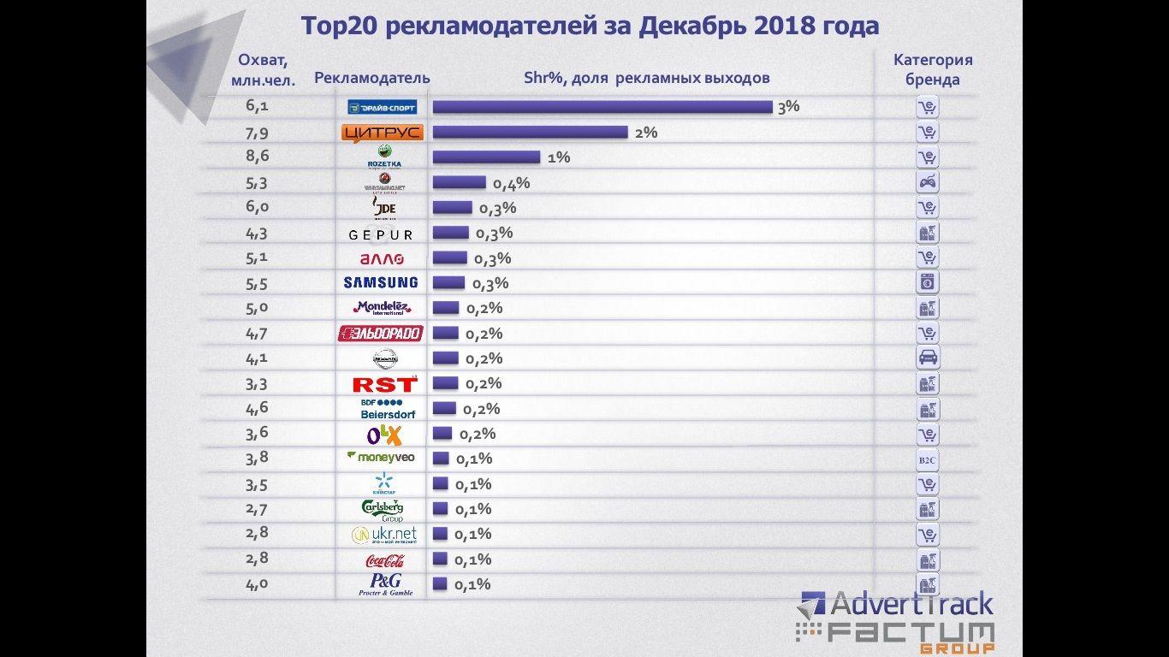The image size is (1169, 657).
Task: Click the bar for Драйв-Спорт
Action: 602,107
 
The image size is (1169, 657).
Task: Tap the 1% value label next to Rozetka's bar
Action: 559,157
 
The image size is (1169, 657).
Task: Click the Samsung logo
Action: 381,282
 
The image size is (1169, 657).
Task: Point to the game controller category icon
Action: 927,182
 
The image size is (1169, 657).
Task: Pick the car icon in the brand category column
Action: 927,358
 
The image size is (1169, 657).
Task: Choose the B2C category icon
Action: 927,459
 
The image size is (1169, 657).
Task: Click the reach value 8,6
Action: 257,157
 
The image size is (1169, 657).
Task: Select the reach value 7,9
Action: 257,132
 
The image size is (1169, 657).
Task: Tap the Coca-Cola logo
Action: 384,560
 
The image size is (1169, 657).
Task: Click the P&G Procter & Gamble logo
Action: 385,584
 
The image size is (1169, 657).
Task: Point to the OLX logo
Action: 383,435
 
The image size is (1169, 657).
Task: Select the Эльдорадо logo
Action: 381,333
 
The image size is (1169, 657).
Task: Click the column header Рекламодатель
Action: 372,78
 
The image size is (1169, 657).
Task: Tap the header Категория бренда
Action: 933,70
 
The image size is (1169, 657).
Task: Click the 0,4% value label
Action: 511,183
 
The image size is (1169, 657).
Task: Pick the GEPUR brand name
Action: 381,234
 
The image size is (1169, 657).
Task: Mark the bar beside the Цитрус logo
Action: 530,132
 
